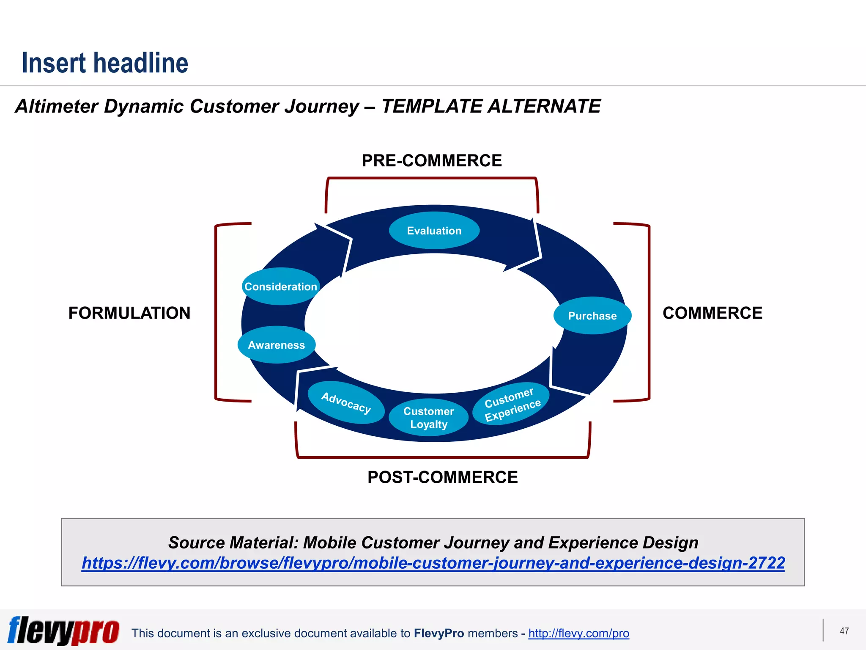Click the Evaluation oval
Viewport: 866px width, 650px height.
coord(434,231)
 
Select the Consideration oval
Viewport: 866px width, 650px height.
coord(280,286)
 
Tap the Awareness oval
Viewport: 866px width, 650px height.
coord(276,345)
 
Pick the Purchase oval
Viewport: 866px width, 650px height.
coord(592,316)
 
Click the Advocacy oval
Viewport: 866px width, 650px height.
coord(346,402)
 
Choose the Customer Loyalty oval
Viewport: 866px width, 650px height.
coord(428,417)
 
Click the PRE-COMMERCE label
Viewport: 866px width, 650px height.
coord(432,161)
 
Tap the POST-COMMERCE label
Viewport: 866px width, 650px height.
coord(442,477)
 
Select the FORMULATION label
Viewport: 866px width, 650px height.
coord(129,313)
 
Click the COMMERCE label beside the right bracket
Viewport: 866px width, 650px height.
coord(712,313)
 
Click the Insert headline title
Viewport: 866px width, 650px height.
coord(105,63)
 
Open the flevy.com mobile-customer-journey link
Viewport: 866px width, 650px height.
coord(433,563)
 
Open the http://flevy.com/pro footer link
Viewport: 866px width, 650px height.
coord(578,633)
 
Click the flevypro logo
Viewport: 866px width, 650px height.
coord(63,631)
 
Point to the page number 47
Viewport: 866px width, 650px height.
coord(844,631)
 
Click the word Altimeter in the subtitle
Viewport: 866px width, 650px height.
coord(57,106)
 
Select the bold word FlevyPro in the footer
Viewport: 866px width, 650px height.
coord(439,633)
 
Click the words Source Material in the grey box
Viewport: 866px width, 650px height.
coord(233,543)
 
